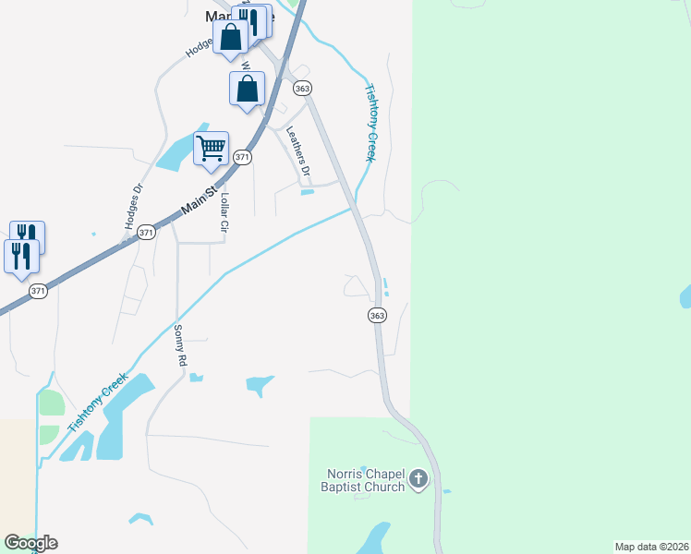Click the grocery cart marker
[x=212, y=148]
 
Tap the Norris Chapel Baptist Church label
[x=365, y=481]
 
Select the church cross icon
[x=418, y=478]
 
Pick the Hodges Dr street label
[x=134, y=206]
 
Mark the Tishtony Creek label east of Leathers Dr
[x=370, y=123]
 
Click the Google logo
[x=30, y=543]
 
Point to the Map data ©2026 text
[x=652, y=546]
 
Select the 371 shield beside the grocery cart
[x=242, y=158]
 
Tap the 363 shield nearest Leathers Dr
[x=302, y=88]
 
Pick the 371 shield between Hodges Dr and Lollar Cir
[x=146, y=234]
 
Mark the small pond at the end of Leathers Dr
[x=308, y=192]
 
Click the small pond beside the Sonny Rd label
[x=195, y=377]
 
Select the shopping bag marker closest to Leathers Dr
[x=247, y=89]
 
